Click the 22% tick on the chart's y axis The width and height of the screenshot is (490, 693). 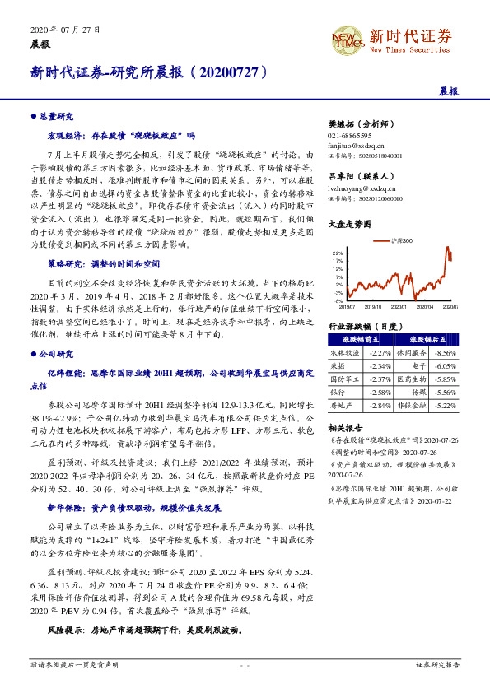(x=338, y=253)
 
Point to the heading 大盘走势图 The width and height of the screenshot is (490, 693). (x=347, y=223)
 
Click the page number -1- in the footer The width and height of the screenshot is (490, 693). (x=245, y=663)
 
